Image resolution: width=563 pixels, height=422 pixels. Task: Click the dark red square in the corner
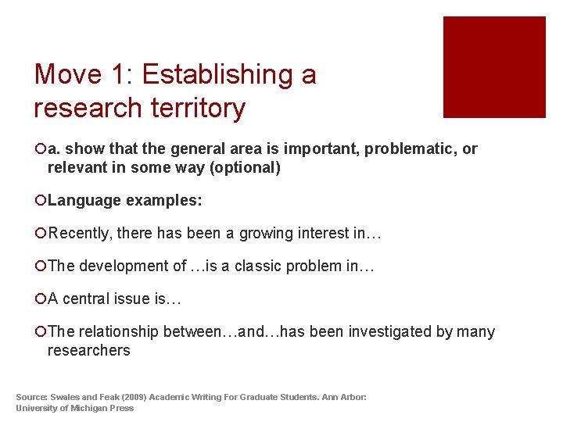tap(494, 67)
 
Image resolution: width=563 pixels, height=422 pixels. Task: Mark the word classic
tap(257, 266)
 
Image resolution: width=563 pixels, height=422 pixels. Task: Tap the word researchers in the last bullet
tap(88, 351)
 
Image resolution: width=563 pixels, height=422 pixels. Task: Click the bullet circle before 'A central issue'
tap(40, 299)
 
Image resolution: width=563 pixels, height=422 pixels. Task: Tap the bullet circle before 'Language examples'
tap(40, 201)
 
